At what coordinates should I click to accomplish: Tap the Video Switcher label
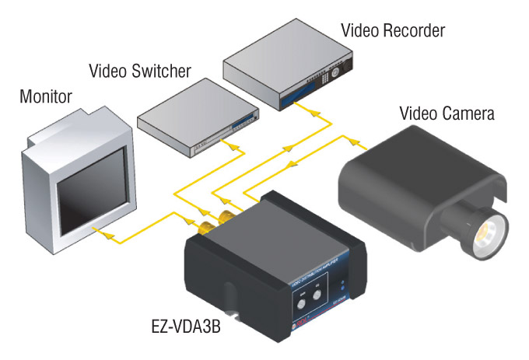140,72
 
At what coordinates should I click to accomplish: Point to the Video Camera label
447,114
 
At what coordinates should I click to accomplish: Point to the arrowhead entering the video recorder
314,114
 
